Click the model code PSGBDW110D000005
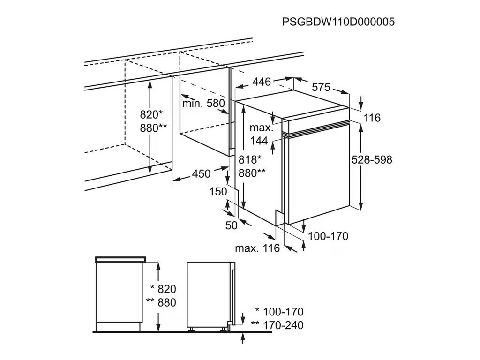tap(338, 22)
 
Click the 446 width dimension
tap(262, 82)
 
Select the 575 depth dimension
tap(322, 87)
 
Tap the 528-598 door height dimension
tap(372, 159)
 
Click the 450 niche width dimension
tap(201, 174)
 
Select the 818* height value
tap(249, 159)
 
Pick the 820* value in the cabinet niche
tap(151, 114)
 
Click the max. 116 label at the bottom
tap(258, 248)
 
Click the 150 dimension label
tap(218, 191)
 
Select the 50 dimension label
tap(232, 225)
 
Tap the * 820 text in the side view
tap(164, 289)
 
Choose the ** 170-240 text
tap(277, 325)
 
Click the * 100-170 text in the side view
tap(279, 312)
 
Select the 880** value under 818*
tap(252, 172)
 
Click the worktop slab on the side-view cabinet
tap(120, 259)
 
